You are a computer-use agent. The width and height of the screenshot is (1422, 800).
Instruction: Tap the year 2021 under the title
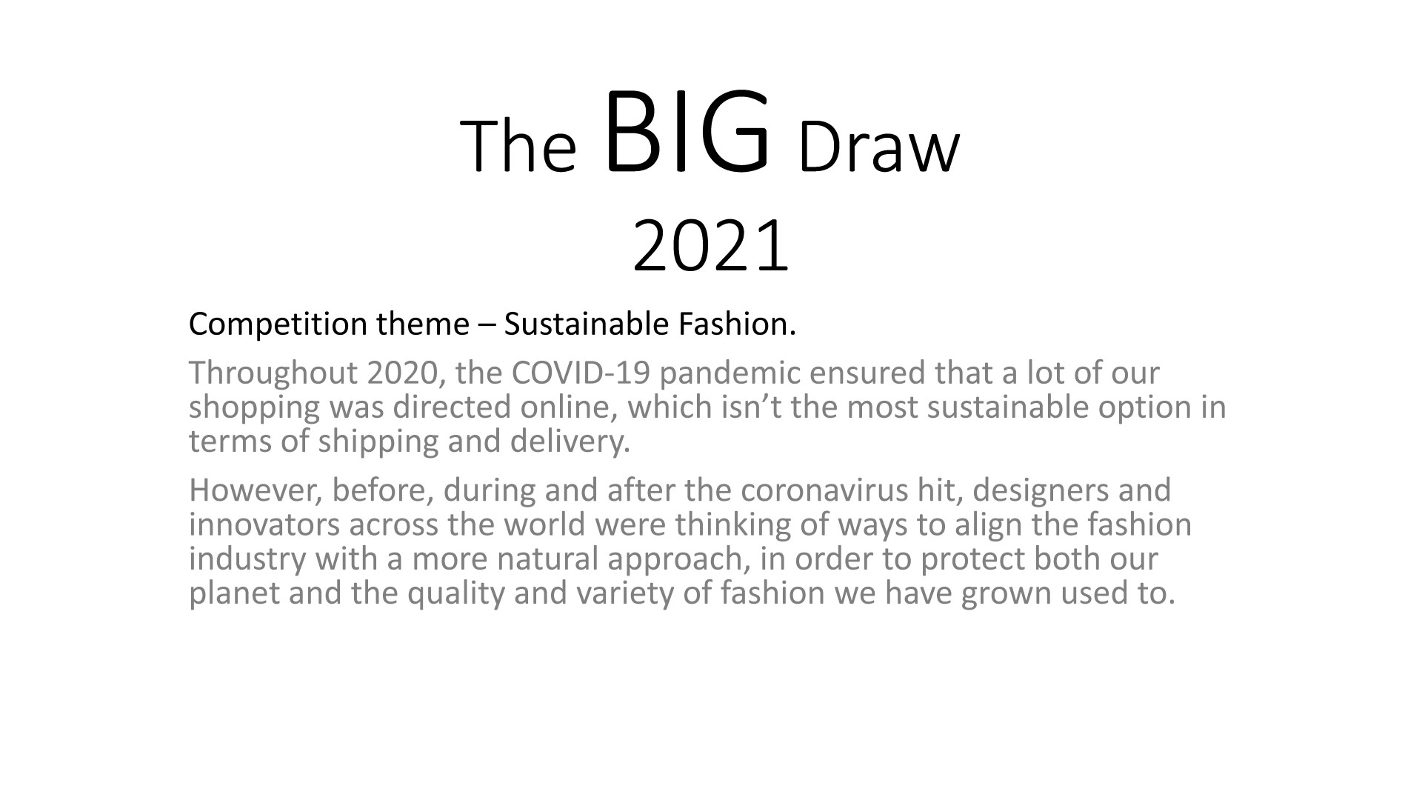[711, 245]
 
